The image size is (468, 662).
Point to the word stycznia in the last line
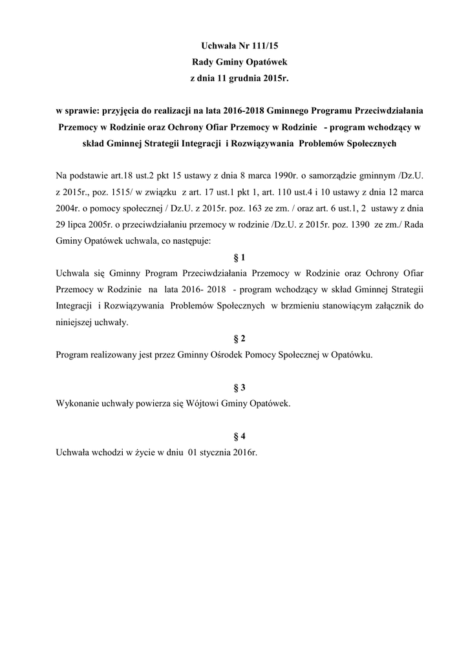click(x=218, y=453)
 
